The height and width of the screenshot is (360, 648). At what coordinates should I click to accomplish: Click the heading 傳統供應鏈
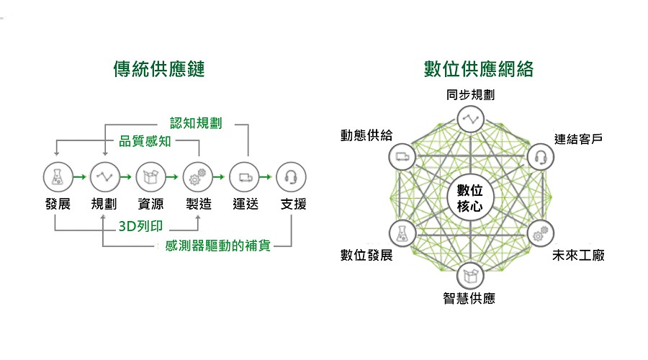point(159,68)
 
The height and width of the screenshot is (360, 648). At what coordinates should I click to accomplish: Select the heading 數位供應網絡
point(479,68)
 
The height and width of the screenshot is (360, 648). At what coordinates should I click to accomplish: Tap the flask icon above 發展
point(58,177)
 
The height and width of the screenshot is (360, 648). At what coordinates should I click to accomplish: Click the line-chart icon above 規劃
point(105,177)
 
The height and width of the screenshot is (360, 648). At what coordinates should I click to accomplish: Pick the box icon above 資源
point(151,177)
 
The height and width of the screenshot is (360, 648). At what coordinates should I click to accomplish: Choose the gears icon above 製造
point(197,177)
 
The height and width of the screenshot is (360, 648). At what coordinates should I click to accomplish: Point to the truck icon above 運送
point(244,177)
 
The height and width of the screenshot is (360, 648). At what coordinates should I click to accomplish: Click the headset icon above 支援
point(291,177)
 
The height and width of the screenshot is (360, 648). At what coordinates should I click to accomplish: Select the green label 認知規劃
point(196,122)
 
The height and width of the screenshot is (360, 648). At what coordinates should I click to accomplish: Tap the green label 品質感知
point(145,141)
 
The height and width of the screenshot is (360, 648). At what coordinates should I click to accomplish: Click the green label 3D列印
point(140,226)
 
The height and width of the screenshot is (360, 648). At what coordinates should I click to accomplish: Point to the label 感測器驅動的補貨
point(217,246)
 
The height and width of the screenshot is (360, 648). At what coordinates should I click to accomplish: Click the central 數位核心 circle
point(470,198)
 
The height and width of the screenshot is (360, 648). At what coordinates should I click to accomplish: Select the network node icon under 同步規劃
point(470,119)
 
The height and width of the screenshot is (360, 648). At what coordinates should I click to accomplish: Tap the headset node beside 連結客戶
point(541,157)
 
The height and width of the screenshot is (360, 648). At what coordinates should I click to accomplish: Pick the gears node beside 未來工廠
point(541,234)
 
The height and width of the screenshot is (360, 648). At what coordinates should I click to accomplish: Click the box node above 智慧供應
point(470,275)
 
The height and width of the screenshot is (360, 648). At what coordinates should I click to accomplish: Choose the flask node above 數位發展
point(402,233)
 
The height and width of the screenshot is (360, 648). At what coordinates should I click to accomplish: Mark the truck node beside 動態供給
point(402,157)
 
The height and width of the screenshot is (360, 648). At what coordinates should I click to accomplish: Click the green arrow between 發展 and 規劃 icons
point(80,177)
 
